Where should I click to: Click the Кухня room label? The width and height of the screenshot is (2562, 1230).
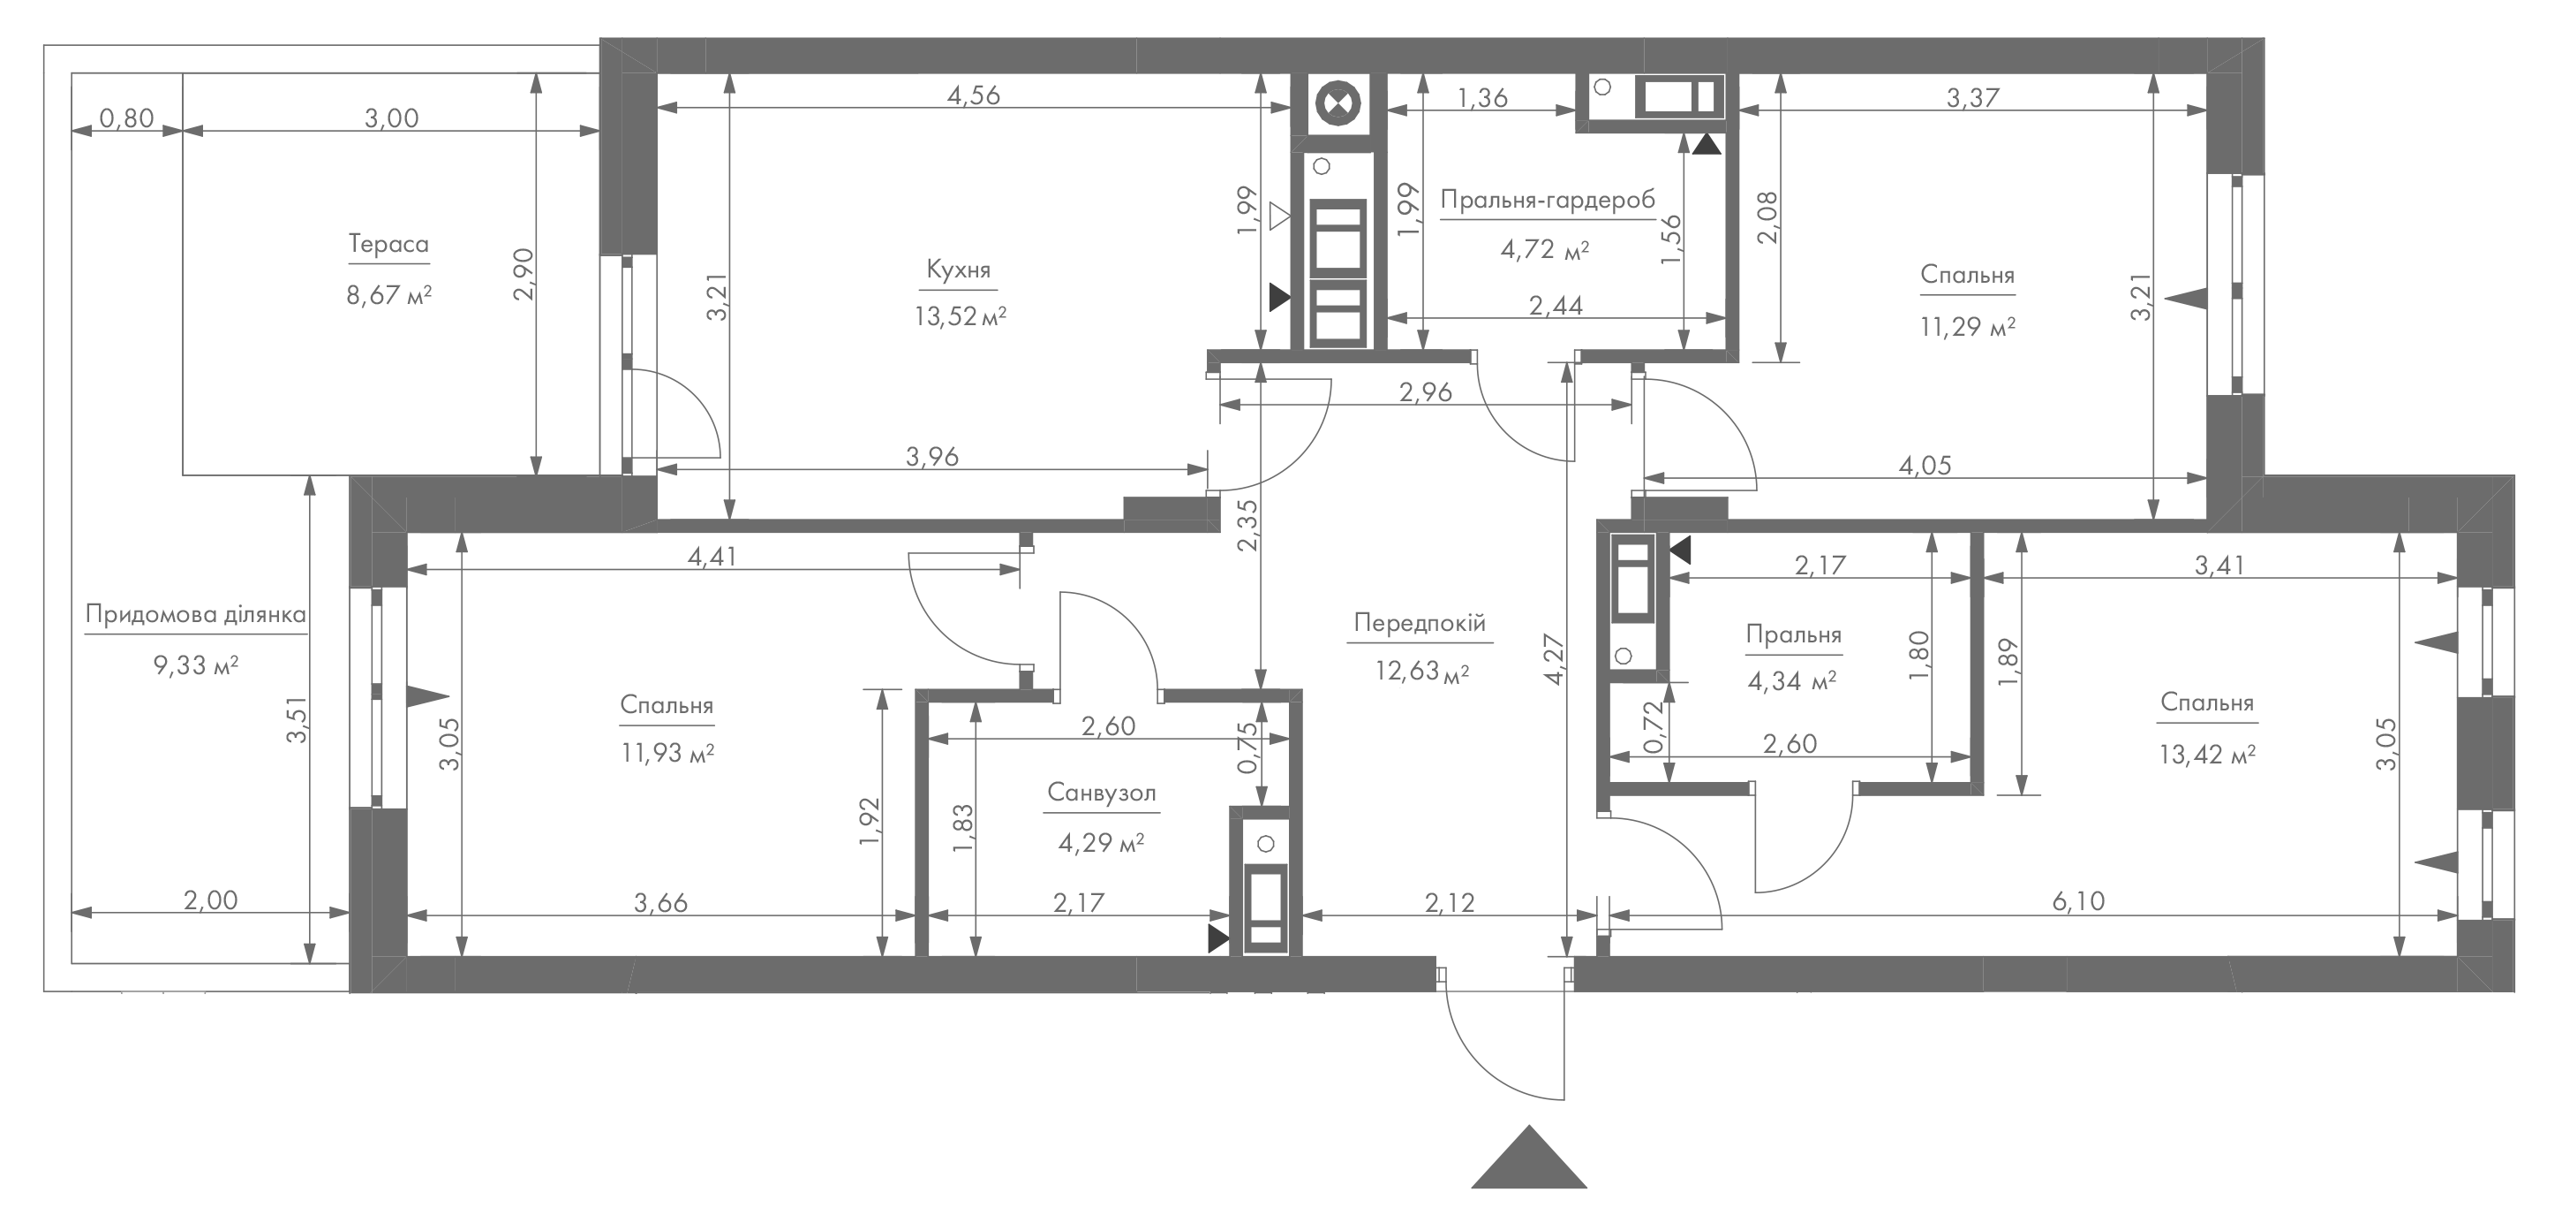click(x=958, y=270)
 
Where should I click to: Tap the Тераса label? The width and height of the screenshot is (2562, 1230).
click(x=388, y=244)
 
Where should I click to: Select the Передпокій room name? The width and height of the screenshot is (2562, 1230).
click(x=1420, y=623)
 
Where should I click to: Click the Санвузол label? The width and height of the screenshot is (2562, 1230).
click(x=1101, y=793)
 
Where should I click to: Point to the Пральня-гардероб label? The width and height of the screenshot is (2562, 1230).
click(x=1548, y=201)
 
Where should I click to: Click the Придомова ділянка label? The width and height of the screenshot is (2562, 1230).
click(x=195, y=614)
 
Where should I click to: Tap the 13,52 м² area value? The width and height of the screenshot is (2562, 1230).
click(x=960, y=316)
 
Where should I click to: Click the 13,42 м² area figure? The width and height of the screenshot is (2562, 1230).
click(x=2206, y=755)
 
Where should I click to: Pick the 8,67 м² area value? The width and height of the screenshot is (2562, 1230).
click(x=388, y=294)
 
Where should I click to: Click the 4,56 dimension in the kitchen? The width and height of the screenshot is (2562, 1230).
click(x=973, y=95)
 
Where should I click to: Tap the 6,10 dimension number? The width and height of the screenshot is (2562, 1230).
click(x=2077, y=900)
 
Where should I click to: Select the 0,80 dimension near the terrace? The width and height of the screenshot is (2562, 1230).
click(x=127, y=118)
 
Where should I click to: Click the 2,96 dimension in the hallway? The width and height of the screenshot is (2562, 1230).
click(x=1425, y=392)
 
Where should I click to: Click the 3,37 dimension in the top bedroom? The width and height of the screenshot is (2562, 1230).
click(x=1972, y=97)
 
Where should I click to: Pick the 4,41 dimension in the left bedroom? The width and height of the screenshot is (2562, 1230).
click(x=712, y=557)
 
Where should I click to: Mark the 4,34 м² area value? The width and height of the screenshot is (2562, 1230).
click(x=1791, y=681)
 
